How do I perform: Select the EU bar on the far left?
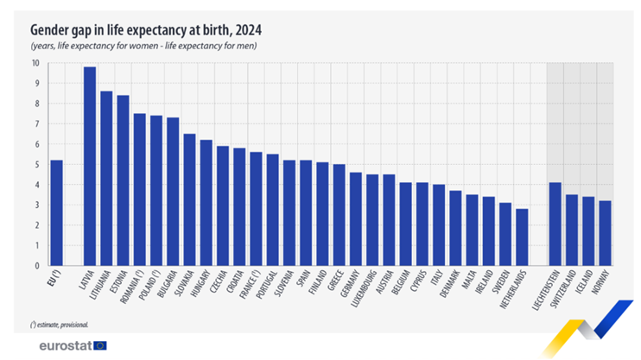click(56, 212)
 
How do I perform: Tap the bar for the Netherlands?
click(522, 237)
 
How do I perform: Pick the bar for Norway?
click(606, 233)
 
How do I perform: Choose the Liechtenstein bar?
click(555, 224)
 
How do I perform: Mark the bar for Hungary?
click(206, 202)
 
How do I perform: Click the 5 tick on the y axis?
click(36, 164)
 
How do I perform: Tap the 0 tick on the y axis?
click(36, 266)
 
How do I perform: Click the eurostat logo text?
click(66, 345)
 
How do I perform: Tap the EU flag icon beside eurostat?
click(101, 345)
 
